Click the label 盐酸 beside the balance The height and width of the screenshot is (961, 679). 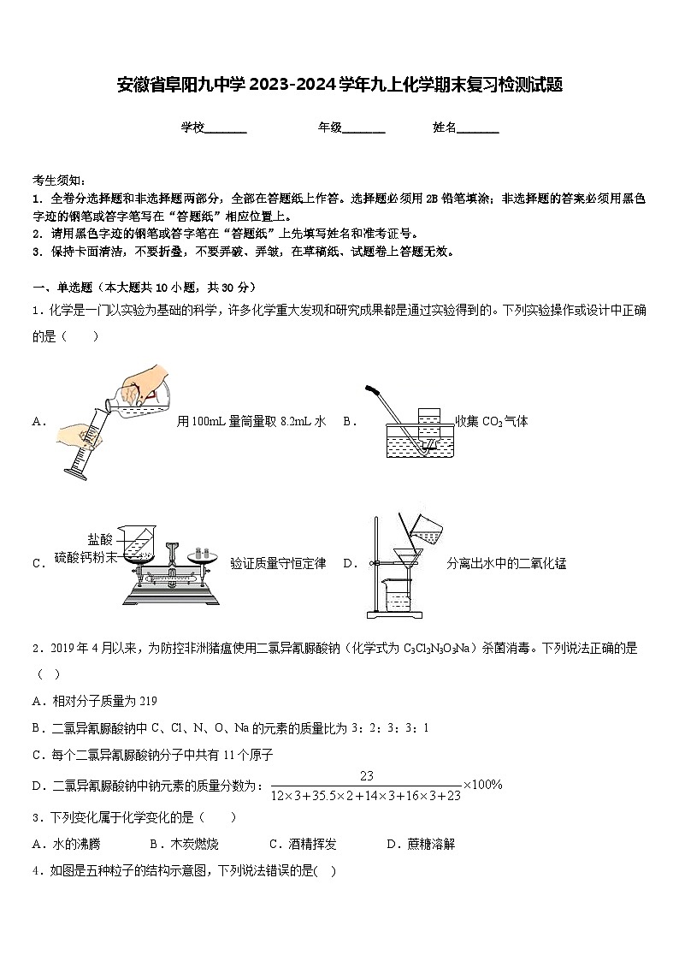(99, 539)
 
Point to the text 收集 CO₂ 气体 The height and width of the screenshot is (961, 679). (492, 421)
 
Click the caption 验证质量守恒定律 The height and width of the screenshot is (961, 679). (278, 563)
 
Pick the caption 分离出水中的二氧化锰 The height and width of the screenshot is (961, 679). (506, 563)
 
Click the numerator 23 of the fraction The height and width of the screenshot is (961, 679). (367, 775)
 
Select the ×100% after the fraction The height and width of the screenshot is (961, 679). (482, 785)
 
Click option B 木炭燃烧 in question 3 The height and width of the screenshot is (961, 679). (183, 844)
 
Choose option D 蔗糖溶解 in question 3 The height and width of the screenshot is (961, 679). (420, 844)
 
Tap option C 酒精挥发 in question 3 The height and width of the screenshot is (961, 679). (302, 844)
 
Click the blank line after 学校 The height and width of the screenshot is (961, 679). (227, 129)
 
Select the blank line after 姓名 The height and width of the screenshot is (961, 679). (478, 129)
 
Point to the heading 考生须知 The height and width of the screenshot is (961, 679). (59, 180)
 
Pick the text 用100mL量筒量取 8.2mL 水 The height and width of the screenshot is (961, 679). (251, 421)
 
